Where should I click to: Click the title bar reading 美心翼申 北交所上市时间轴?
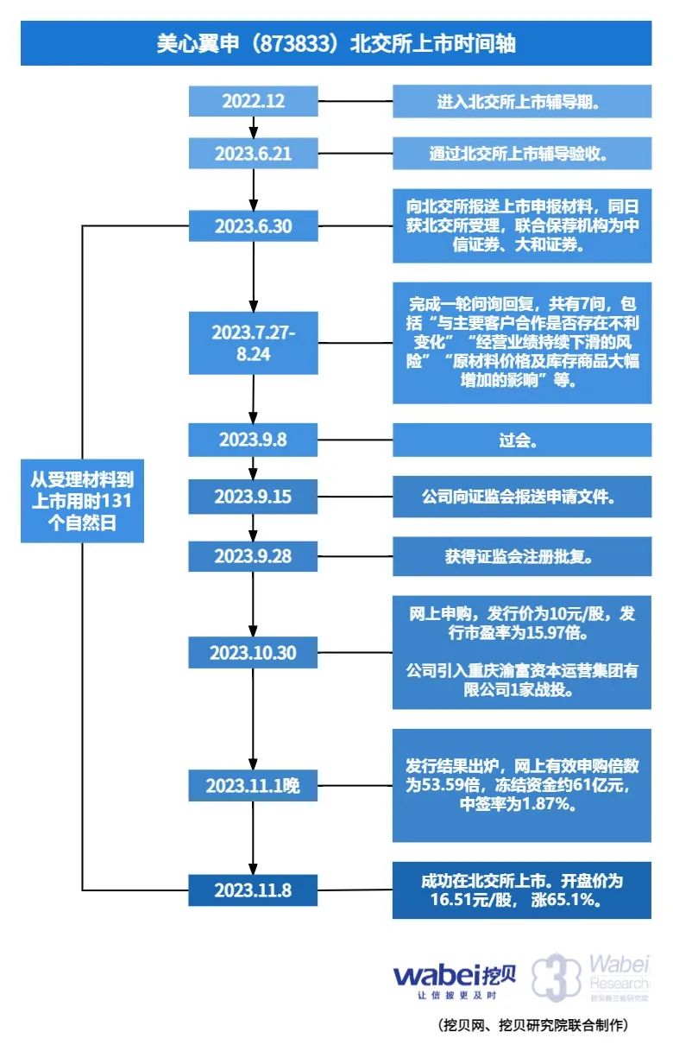(x=336, y=43)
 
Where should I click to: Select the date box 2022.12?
(x=254, y=100)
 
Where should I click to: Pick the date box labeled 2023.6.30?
(x=254, y=226)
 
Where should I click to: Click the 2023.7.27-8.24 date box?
(x=254, y=343)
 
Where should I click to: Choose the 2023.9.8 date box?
(x=254, y=440)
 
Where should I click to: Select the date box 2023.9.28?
(x=254, y=556)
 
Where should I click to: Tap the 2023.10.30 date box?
(x=254, y=653)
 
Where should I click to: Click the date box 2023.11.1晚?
(x=254, y=786)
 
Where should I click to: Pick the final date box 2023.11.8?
(x=254, y=890)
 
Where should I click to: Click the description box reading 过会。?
(x=521, y=440)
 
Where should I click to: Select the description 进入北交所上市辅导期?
(x=521, y=100)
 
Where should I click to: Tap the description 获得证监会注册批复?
(x=521, y=556)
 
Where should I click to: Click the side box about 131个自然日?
(x=82, y=500)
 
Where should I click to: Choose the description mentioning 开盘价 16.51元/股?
(x=521, y=890)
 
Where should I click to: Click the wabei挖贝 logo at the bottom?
(x=455, y=980)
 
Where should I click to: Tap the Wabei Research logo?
(x=590, y=976)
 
